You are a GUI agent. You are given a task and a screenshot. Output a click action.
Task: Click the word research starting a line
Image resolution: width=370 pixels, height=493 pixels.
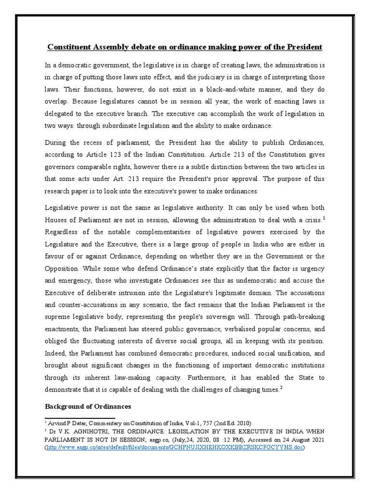59,191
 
